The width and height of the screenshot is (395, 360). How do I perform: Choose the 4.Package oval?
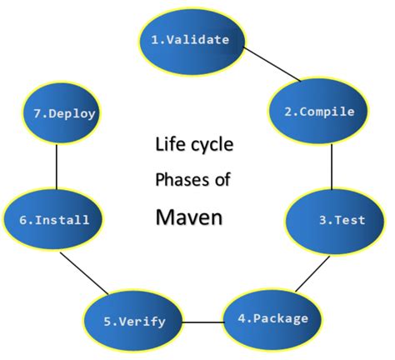pos(272,319)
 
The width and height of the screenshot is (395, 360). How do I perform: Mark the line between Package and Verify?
pos(202,321)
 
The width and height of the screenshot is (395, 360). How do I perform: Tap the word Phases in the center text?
pos(176,179)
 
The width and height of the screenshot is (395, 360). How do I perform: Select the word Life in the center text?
pos(167,143)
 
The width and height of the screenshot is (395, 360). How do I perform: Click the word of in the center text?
pos(222,179)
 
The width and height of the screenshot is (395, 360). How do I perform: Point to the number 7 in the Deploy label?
pos(32,116)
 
